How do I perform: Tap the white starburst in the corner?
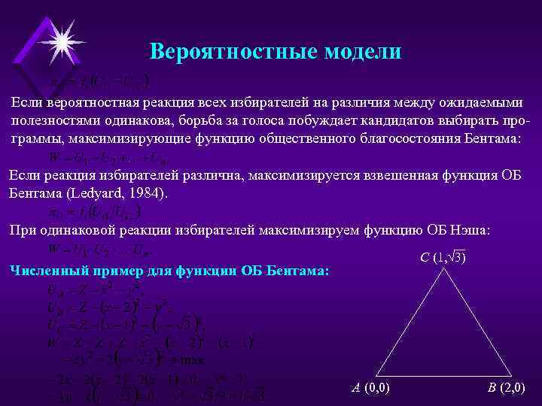(x=60, y=38)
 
